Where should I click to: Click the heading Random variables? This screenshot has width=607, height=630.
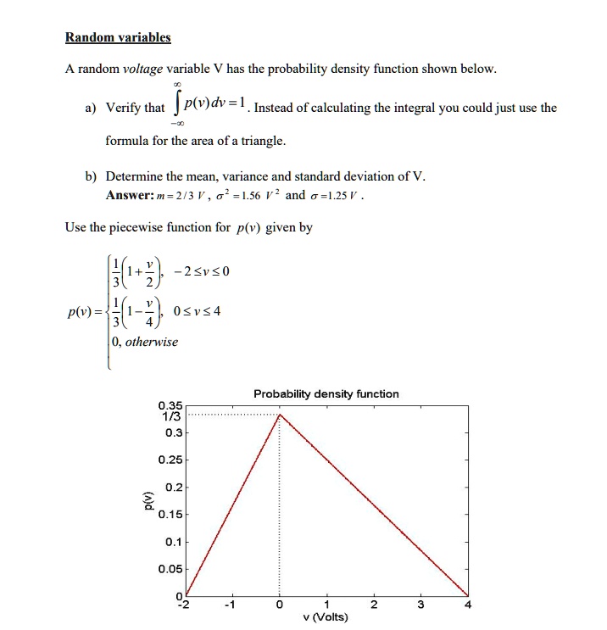tap(118, 37)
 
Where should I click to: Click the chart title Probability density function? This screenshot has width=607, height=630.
tap(326, 393)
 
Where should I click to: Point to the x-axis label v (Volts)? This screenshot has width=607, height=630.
tap(326, 617)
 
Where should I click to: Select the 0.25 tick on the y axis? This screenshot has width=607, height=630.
tap(170, 460)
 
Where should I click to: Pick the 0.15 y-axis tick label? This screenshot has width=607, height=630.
tap(170, 514)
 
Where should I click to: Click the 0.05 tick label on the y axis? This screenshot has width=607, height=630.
tap(170, 570)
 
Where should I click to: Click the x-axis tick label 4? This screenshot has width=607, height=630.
tap(467, 605)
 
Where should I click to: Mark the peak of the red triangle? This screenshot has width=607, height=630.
tap(280, 414)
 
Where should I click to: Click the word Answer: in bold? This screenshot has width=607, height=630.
tap(130, 195)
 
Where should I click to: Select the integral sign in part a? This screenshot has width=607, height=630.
tap(176, 108)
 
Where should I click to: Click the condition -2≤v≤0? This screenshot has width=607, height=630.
tap(201, 271)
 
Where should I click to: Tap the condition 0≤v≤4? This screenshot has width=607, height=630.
tap(197, 310)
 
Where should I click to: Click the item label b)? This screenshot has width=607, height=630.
tap(91, 176)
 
